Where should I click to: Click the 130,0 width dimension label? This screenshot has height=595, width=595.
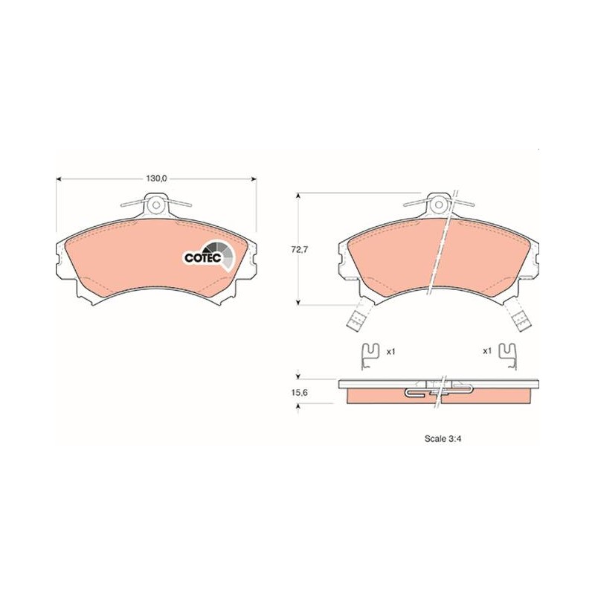coord(156,178)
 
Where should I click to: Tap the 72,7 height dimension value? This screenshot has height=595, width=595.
coord(299,250)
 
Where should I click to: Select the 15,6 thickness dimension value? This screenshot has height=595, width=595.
coord(299,393)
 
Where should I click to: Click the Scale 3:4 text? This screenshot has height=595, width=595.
coord(443,439)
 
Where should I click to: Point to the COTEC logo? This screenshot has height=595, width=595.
coord(210,255)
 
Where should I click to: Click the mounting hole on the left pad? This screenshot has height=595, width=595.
coord(156,205)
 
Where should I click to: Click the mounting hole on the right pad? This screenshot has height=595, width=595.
coord(439,205)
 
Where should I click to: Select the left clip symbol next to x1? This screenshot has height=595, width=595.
coord(369,356)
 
